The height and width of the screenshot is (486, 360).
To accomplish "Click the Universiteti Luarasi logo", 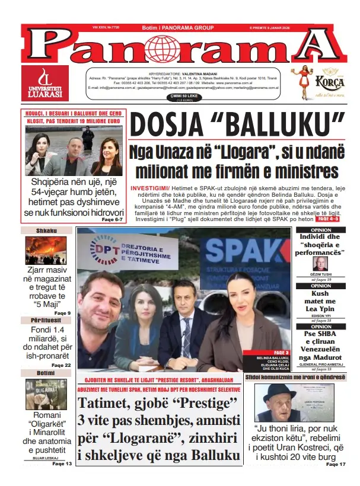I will (40, 82).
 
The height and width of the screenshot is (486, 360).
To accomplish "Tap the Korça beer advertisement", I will (317, 82).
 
